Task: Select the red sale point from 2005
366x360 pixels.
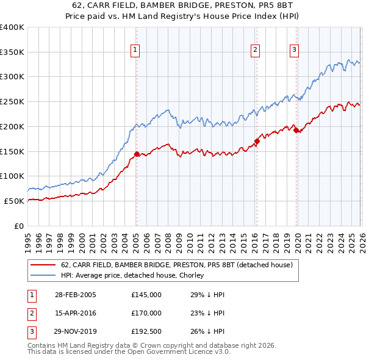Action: coord(137,154)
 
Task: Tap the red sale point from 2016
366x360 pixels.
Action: coord(257,142)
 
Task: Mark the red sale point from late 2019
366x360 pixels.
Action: coord(296,130)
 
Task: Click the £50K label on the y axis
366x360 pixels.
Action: coord(13,201)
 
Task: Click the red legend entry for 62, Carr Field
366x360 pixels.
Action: coord(177,265)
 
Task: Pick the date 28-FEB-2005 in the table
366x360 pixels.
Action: coord(76,294)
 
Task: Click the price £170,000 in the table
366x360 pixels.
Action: coord(146,313)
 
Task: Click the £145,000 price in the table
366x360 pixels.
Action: coord(146,294)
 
